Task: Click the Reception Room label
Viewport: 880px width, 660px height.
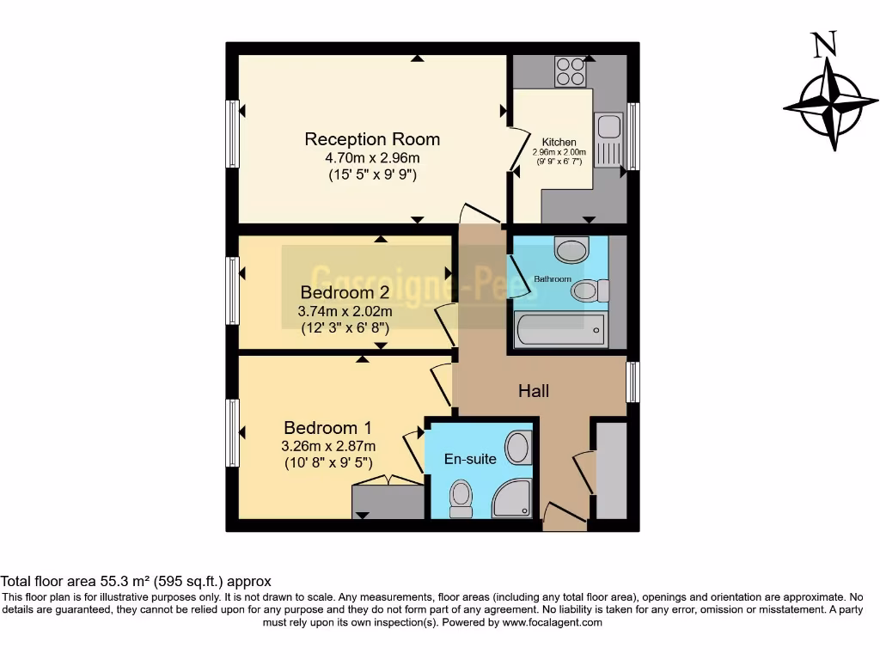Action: coord(372,139)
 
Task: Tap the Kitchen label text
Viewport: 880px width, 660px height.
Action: coord(559,142)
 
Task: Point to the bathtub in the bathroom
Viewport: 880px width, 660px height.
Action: coord(559,330)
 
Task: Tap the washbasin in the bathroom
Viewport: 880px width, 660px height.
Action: coord(571,251)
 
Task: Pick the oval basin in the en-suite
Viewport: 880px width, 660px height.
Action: coord(517,448)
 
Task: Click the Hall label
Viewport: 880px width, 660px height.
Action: coord(534,391)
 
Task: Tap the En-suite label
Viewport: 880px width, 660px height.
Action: coord(470,459)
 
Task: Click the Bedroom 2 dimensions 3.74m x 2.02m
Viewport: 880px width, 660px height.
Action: coord(345,311)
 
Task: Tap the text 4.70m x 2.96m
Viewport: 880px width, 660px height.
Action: coord(372,158)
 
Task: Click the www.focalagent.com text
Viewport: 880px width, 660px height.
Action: coord(552,622)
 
